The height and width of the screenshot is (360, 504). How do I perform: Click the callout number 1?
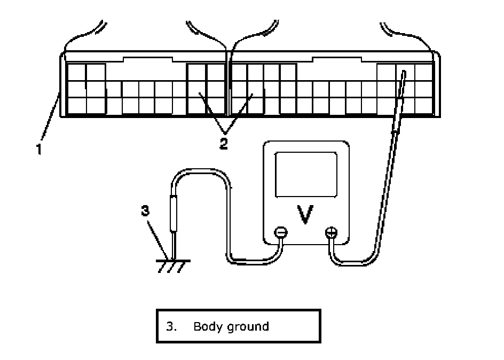(x=39, y=149)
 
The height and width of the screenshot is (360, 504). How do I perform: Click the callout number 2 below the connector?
(x=224, y=143)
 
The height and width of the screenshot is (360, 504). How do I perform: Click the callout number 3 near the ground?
(x=145, y=211)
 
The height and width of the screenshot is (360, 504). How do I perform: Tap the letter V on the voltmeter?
(x=305, y=214)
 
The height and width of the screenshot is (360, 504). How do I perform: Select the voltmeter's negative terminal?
(x=281, y=232)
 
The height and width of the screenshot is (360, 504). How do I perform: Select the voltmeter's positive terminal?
(x=332, y=232)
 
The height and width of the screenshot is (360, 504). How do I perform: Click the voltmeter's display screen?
(x=306, y=175)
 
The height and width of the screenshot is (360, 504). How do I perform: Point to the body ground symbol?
(x=173, y=266)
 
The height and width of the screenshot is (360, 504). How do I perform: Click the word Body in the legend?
(x=208, y=327)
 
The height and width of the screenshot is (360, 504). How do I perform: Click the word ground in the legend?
(x=248, y=327)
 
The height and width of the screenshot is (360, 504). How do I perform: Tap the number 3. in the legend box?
(x=171, y=326)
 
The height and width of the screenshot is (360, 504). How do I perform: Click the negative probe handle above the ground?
(x=173, y=214)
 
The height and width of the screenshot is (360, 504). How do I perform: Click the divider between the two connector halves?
(x=228, y=83)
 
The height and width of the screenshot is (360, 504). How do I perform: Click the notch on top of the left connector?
(x=148, y=59)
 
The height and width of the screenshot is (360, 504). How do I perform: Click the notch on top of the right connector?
(x=337, y=59)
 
